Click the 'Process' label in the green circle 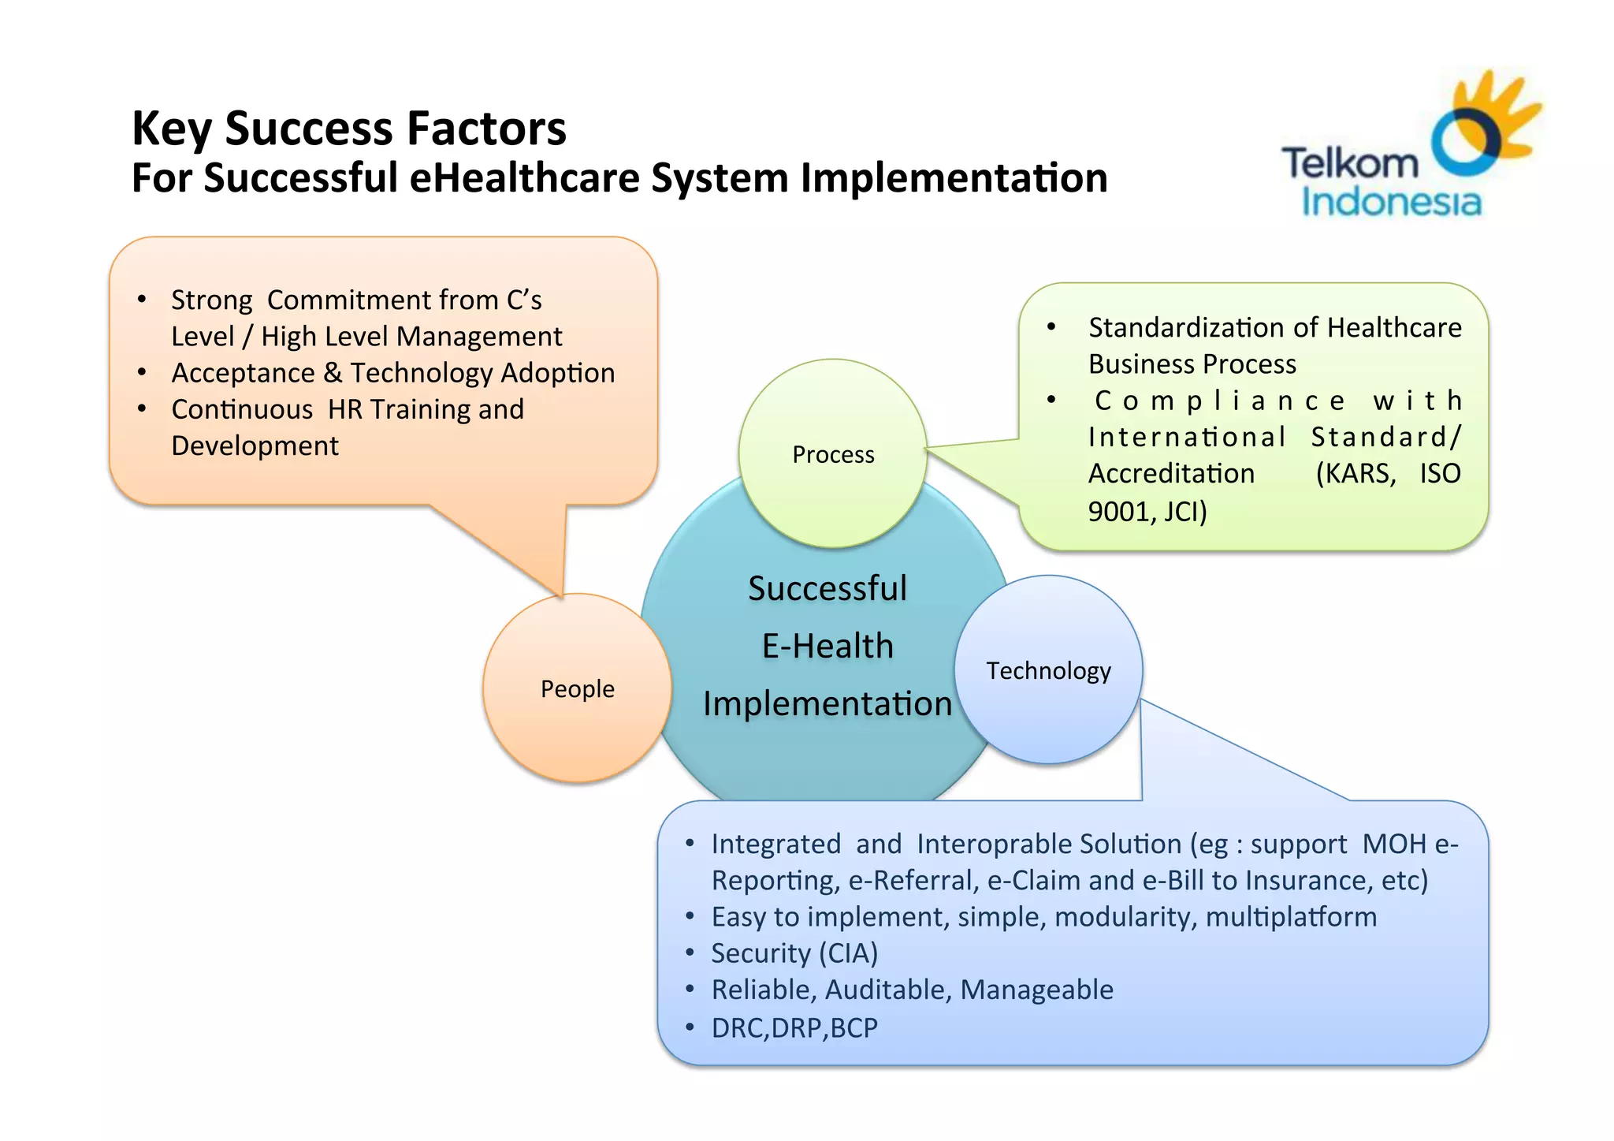(833, 455)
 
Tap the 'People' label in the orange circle (577, 689)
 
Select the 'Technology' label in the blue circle (1048, 671)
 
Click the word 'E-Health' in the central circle (827, 647)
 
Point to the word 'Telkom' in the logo (1349, 164)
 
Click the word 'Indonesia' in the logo (1391, 202)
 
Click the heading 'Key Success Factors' (348, 129)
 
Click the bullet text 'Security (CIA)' (794, 953)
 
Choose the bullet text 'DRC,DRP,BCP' (794, 1028)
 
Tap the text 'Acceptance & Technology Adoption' (392, 373)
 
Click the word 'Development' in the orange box (255, 446)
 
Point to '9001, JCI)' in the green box (1147, 512)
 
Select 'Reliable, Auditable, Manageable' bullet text (912, 990)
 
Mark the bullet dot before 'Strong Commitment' (142, 300)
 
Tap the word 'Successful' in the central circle (827, 589)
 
